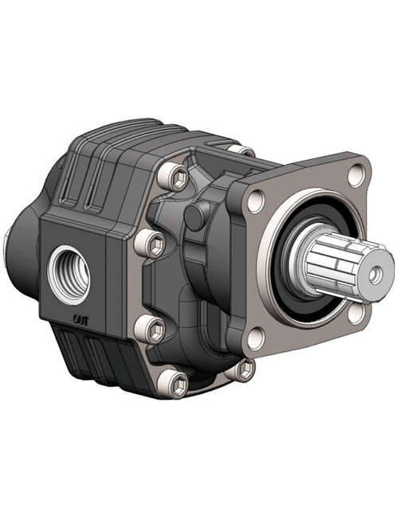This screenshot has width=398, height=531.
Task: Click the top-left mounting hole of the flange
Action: tap(254, 203)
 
